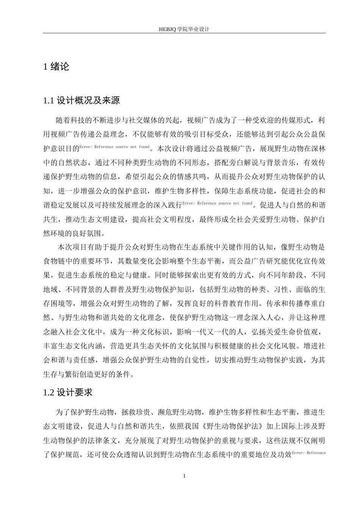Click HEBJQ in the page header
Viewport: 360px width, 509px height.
(167, 29)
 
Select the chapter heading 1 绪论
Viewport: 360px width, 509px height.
(56, 67)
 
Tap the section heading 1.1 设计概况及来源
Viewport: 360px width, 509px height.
(82, 101)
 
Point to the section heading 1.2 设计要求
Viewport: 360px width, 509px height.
(68, 392)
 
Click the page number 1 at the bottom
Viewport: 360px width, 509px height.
(184, 476)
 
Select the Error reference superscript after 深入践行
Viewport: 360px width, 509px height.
(218, 203)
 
